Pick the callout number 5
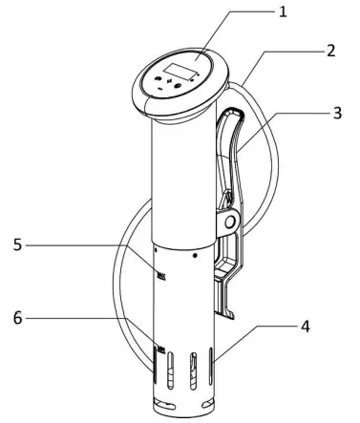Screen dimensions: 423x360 (16, 243)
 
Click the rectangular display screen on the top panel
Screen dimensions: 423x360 (183, 69)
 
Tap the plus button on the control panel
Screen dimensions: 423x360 (172, 85)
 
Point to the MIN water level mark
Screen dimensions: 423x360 (160, 350)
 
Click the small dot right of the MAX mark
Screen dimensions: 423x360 (194, 256)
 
